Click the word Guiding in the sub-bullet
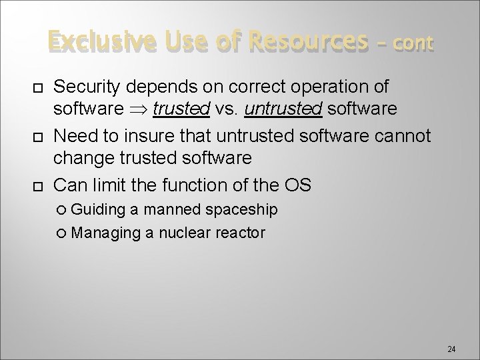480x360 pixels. [x=98, y=210]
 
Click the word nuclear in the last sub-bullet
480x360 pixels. [x=183, y=233]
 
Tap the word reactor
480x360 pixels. [x=242, y=233]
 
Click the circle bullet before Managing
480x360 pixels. [x=63, y=233]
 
